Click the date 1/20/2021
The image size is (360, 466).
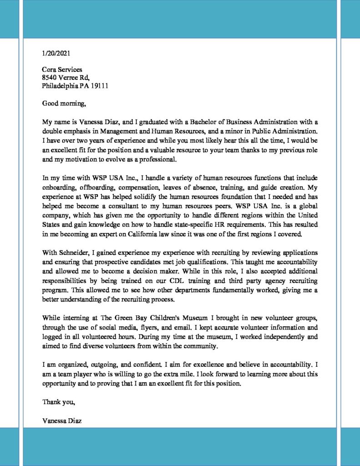click(56, 53)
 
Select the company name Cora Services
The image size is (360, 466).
click(62, 70)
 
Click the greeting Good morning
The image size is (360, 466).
click(64, 103)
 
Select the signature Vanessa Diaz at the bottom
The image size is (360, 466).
click(62, 421)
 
